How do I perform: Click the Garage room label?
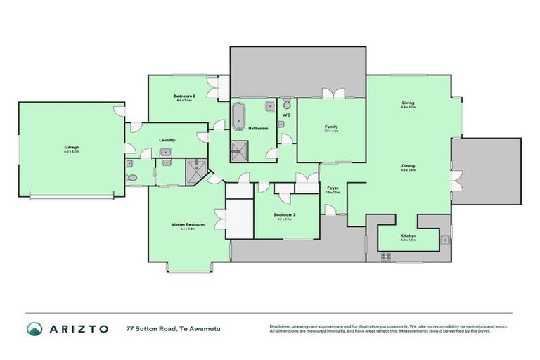(71, 148)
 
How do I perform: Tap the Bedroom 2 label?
(184, 96)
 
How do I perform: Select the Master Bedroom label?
(187, 224)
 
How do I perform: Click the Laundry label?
(167, 140)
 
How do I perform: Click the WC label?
(286, 115)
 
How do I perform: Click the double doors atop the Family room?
(330, 93)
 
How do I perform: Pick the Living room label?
(408, 103)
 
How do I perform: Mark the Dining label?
(408, 166)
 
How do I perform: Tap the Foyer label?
(333, 188)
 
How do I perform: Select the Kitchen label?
(408, 236)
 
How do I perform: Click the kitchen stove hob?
(385, 256)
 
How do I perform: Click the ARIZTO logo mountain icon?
(34, 329)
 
